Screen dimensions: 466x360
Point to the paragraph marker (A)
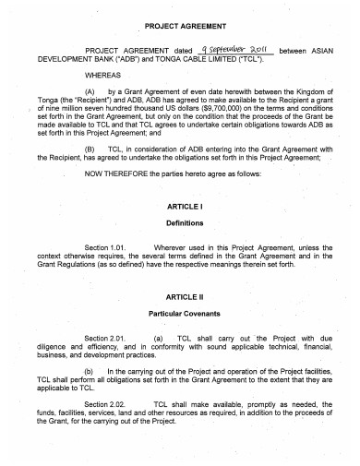point(90,91)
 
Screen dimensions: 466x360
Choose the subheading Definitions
point(179,222)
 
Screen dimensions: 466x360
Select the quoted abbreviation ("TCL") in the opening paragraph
point(251,60)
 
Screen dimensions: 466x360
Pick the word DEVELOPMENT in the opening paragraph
point(64,60)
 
